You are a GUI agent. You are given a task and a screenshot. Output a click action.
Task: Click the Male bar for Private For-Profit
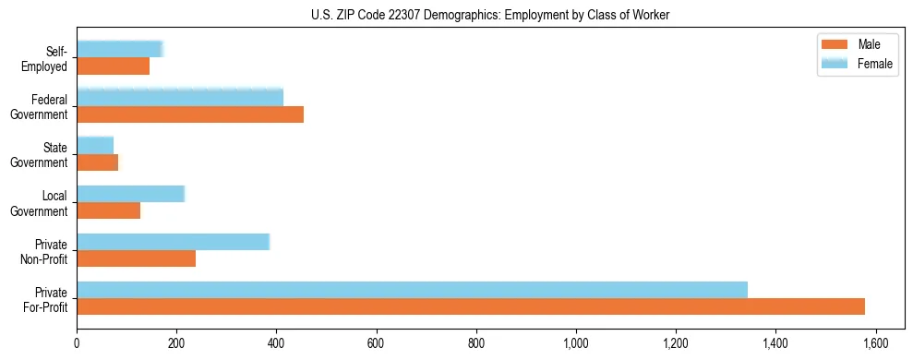coord(471,306)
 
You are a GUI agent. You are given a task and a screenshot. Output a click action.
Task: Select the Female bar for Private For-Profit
coord(412,290)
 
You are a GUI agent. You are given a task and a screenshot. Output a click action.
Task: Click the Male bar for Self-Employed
coord(113,66)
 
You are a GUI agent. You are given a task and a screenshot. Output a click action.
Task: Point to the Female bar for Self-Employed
coord(119,49)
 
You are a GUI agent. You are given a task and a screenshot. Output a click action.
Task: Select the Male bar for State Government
coord(97,162)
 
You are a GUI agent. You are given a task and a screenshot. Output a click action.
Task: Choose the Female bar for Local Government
coord(130,194)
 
